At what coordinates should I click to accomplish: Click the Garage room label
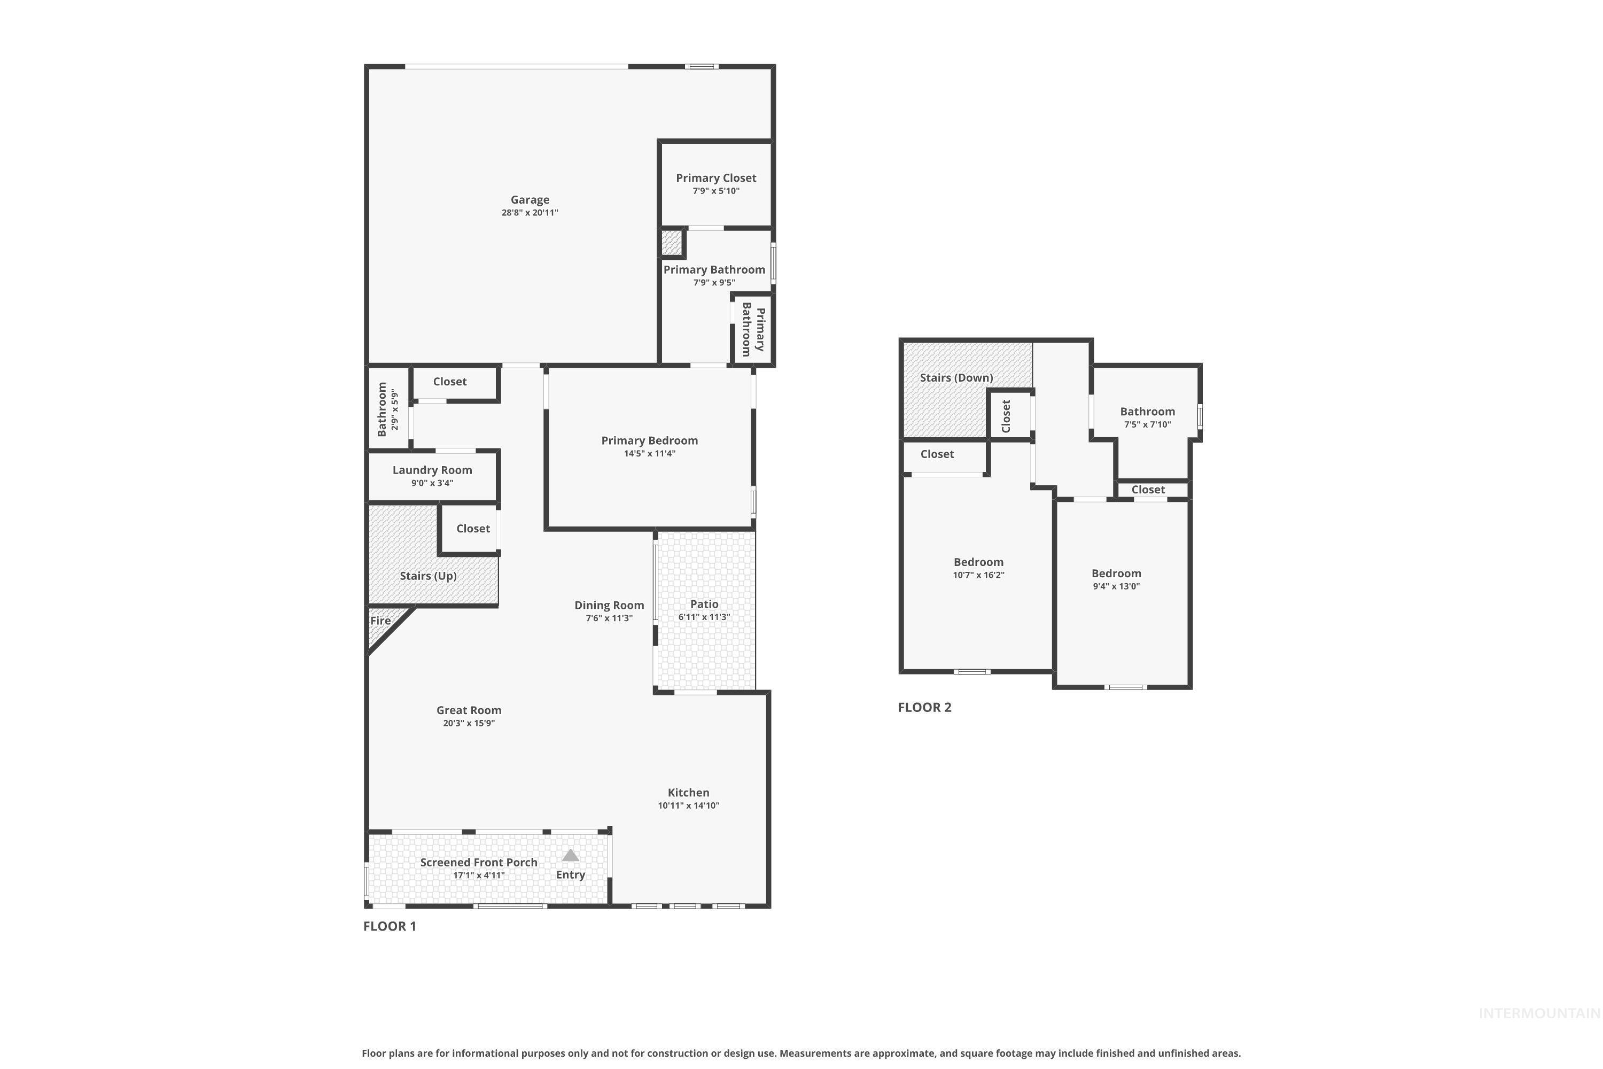pyautogui.click(x=530, y=200)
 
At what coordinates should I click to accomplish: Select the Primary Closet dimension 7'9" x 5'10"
pyautogui.click(x=715, y=191)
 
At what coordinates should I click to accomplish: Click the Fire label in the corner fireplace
pyautogui.click(x=380, y=621)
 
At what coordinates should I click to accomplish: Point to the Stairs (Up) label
pyautogui.click(x=428, y=576)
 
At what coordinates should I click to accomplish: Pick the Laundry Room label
pyautogui.click(x=432, y=470)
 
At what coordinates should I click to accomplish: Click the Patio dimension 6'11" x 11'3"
pyautogui.click(x=704, y=617)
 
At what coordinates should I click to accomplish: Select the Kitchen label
pyautogui.click(x=688, y=792)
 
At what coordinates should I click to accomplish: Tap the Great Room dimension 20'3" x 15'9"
pyautogui.click(x=469, y=723)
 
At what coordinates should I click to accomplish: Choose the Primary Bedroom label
pyautogui.click(x=650, y=440)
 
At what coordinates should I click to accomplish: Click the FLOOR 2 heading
pyautogui.click(x=924, y=708)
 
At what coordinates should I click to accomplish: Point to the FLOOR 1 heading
pyautogui.click(x=389, y=926)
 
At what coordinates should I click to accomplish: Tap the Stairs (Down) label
pyautogui.click(x=956, y=378)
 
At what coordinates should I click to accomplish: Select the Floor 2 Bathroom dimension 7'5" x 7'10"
pyautogui.click(x=1147, y=424)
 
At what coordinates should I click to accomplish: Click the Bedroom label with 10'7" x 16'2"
pyautogui.click(x=978, y=562)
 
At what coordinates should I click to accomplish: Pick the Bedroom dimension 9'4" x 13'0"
pyautogui.click(x=1116, y=586)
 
